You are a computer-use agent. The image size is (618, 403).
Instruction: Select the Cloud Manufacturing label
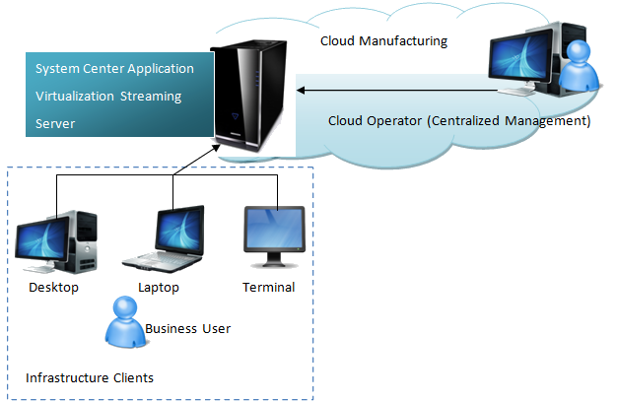pos(383,41)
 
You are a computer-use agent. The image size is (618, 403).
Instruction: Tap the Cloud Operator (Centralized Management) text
pos(458,121)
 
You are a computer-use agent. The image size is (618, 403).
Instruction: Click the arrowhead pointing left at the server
pos(301,91)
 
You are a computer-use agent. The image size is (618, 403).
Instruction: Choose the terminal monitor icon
pos(275,235)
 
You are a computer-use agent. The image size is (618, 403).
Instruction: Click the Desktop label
pos(53,288)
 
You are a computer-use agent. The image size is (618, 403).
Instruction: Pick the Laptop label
pos(160,288)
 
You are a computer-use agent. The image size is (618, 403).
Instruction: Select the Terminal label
pos(268,288)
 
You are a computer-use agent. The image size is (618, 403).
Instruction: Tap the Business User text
pos(187,328)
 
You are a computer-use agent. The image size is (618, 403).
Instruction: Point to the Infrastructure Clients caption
pos(89,377)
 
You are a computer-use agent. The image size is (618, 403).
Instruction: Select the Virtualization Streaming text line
pos(108,97)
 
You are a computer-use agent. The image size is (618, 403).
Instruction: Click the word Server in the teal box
pos(55,124)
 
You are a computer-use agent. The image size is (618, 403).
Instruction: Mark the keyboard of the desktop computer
pos(35,266)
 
